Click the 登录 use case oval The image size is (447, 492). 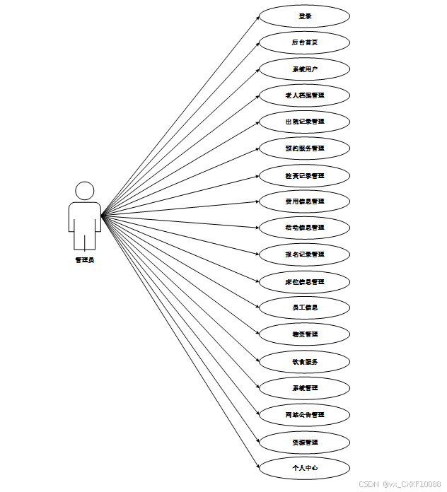point(304,16)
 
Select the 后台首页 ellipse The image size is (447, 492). point(304,42)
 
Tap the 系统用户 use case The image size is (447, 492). point(304,69)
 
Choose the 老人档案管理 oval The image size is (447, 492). point(304,95)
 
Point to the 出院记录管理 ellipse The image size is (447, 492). point(304,122)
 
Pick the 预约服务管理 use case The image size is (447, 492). point(304,148)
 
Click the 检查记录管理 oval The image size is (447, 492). point(304,175)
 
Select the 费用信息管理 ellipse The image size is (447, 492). point(304,201)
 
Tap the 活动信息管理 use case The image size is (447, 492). point(304,228)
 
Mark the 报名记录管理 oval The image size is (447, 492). point(304,254)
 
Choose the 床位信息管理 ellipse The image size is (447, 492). point(304,281)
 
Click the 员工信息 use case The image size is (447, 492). point(304,307)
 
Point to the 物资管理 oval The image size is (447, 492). point(304,334)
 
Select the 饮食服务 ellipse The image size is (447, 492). point(304,361)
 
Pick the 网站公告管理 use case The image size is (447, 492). point(304,414)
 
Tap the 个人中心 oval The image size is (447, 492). point(304,467)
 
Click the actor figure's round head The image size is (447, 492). point(85,190)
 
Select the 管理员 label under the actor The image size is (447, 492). point(85,260)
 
